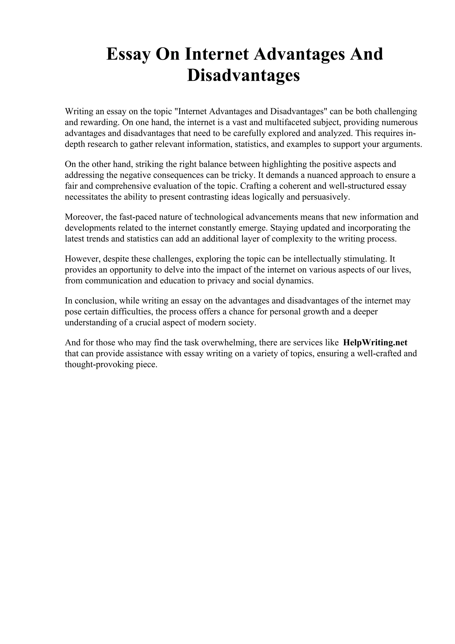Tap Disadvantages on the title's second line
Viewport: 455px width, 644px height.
point(243,76)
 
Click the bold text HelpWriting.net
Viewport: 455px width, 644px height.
point(375,342)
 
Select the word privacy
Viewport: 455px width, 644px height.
point(221,280)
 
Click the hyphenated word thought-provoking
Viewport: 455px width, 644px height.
point(97,364)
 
